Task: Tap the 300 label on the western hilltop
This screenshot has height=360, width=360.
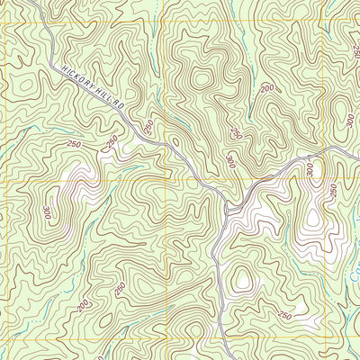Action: (x=46, y=213)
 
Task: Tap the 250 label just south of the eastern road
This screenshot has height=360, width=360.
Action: (x=332, y=191)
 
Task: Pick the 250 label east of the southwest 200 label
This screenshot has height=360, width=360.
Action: (x=120, y=289)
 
